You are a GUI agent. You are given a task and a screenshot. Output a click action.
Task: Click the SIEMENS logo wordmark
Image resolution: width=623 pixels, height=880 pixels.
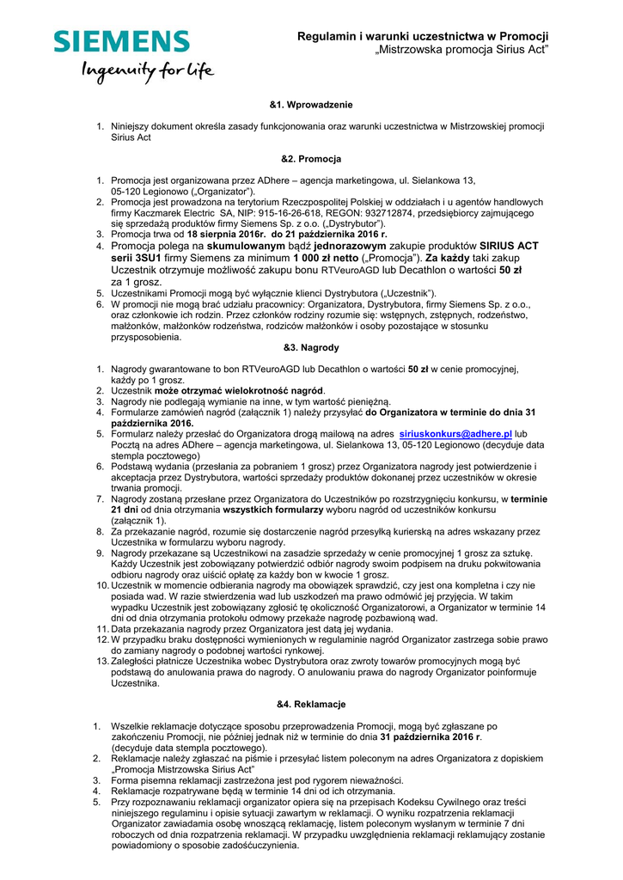(x=122, y=42)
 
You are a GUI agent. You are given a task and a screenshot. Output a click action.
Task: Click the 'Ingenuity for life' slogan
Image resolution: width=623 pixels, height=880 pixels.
(x=147, y=71)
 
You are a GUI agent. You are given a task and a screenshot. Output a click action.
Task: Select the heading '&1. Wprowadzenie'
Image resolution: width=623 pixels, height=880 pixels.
(x=311, y=105)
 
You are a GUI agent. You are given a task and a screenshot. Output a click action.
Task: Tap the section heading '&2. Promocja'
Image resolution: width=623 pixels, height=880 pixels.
(x=311, y=159)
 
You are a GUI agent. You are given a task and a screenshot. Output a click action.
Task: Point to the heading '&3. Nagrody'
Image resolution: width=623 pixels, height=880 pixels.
(x=311, y=348)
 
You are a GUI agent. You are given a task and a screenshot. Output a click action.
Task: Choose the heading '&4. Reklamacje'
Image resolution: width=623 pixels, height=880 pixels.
(x=311, y=705)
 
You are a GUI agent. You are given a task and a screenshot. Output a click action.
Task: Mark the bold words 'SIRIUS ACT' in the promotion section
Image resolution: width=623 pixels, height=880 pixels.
(x=509, y=246)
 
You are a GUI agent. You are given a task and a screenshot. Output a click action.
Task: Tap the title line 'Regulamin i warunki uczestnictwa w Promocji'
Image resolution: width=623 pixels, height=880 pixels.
(x=423, y=36)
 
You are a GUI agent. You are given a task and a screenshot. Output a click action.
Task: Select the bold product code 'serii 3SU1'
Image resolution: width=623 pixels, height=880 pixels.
(x=140, y=257)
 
